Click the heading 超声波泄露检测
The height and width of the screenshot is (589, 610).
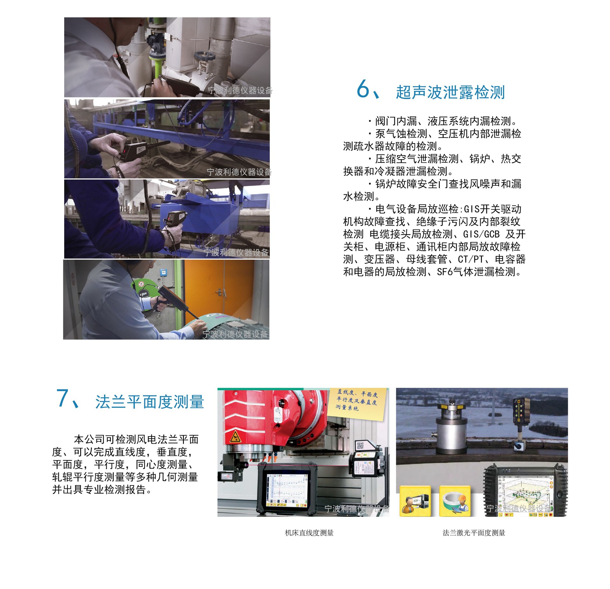point(450,92)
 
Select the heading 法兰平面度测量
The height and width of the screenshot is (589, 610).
point(149,402)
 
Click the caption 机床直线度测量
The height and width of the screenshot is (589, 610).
point(309,533)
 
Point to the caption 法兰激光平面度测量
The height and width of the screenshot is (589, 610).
point(474,533)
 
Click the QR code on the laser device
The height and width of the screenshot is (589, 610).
point(360,446)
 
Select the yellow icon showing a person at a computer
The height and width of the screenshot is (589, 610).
point(415,501)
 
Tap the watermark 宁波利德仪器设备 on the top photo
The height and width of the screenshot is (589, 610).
point(240,91)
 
